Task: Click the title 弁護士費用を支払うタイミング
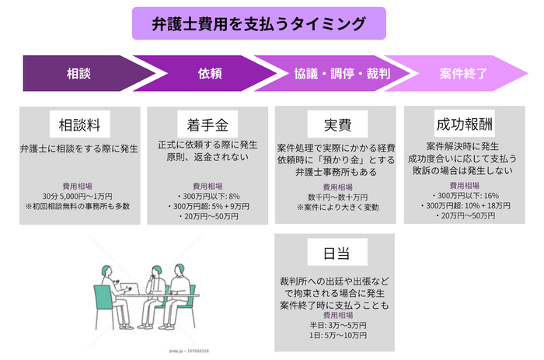(259, 24)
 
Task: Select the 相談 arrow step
(78, 75)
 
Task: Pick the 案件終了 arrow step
(463, 75)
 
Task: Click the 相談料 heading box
(78, 124)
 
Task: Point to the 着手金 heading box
(207, 124)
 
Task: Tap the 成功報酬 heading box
(464, 124)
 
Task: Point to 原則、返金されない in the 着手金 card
(207, 158)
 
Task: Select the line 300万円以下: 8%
(207, 197)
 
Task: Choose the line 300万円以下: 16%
(464, 196)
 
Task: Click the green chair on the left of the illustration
(102, 299)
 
